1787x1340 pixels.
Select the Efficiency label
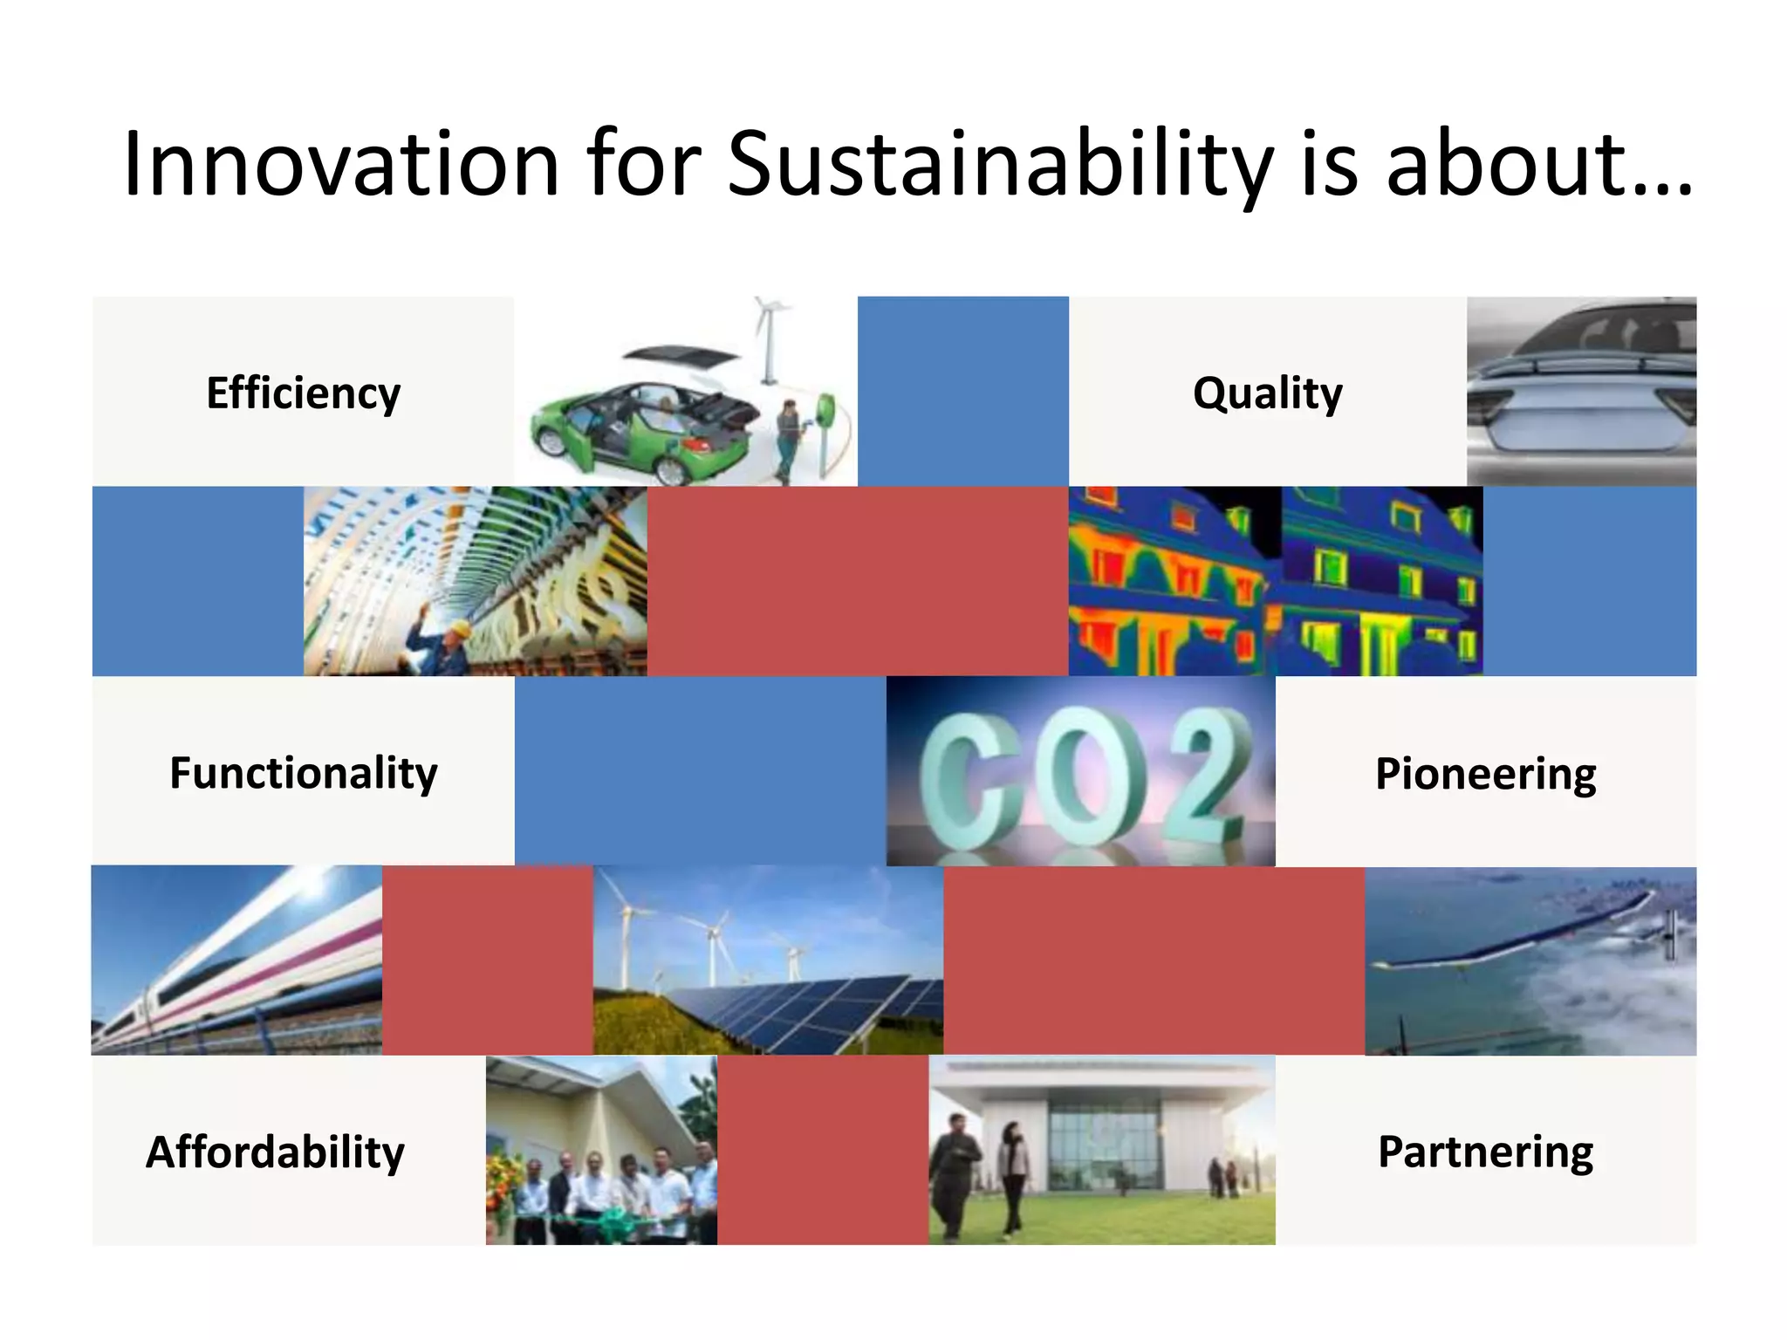click(303, 393)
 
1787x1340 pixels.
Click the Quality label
click(1267, 393)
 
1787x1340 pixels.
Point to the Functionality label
click(303, 773)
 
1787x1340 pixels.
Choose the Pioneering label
click(1485, 773)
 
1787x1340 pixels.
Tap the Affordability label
click(275, 1152)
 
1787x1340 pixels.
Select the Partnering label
click(1485, 1152)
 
